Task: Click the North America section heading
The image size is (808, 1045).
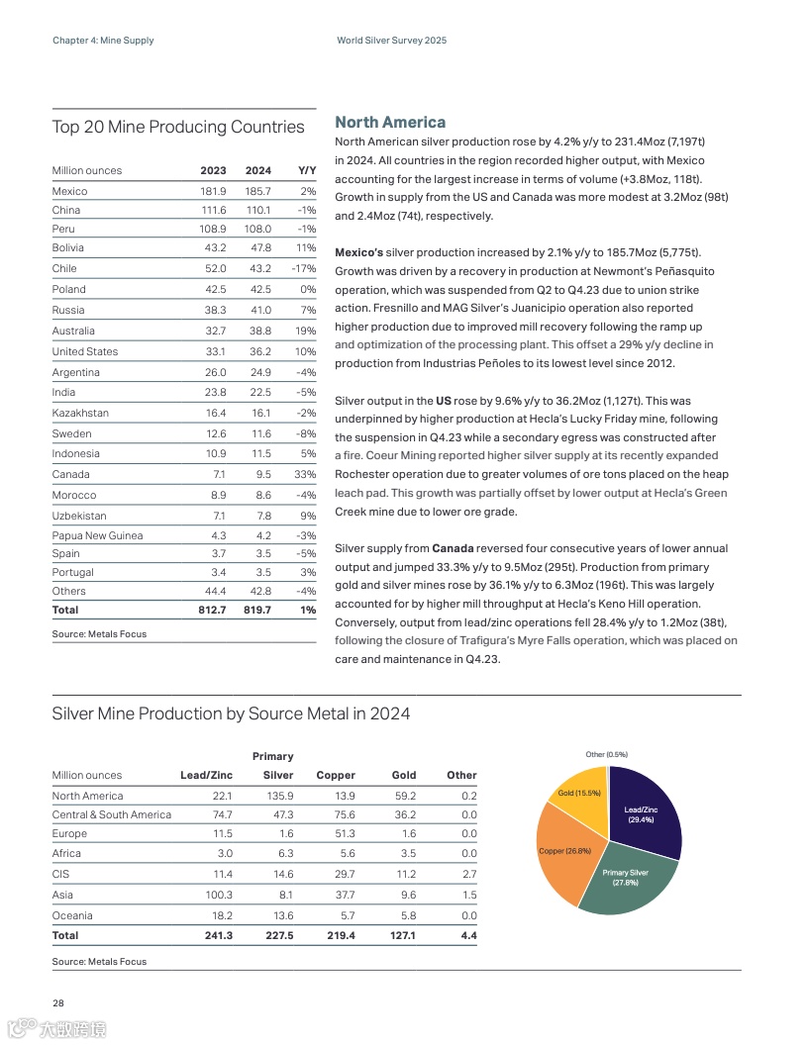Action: point(390,123)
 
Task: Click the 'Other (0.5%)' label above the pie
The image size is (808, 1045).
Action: point(607,755)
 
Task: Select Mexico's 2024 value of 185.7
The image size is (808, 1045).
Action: point(257,191)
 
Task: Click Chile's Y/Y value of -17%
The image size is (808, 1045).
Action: point(303,268)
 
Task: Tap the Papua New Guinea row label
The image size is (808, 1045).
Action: point(97,535)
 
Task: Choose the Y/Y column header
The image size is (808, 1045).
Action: point(306,170)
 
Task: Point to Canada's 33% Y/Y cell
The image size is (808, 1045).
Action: point(305,474)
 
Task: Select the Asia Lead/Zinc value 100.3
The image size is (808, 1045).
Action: point(218,895)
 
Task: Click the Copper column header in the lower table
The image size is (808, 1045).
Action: point(336,775)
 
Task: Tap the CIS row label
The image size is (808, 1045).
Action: point(59,874)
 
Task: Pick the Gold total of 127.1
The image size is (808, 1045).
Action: point(403,935)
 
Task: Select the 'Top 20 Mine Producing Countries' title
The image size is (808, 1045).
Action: point(178,127)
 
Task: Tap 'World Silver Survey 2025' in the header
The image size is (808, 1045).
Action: point(391,41)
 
